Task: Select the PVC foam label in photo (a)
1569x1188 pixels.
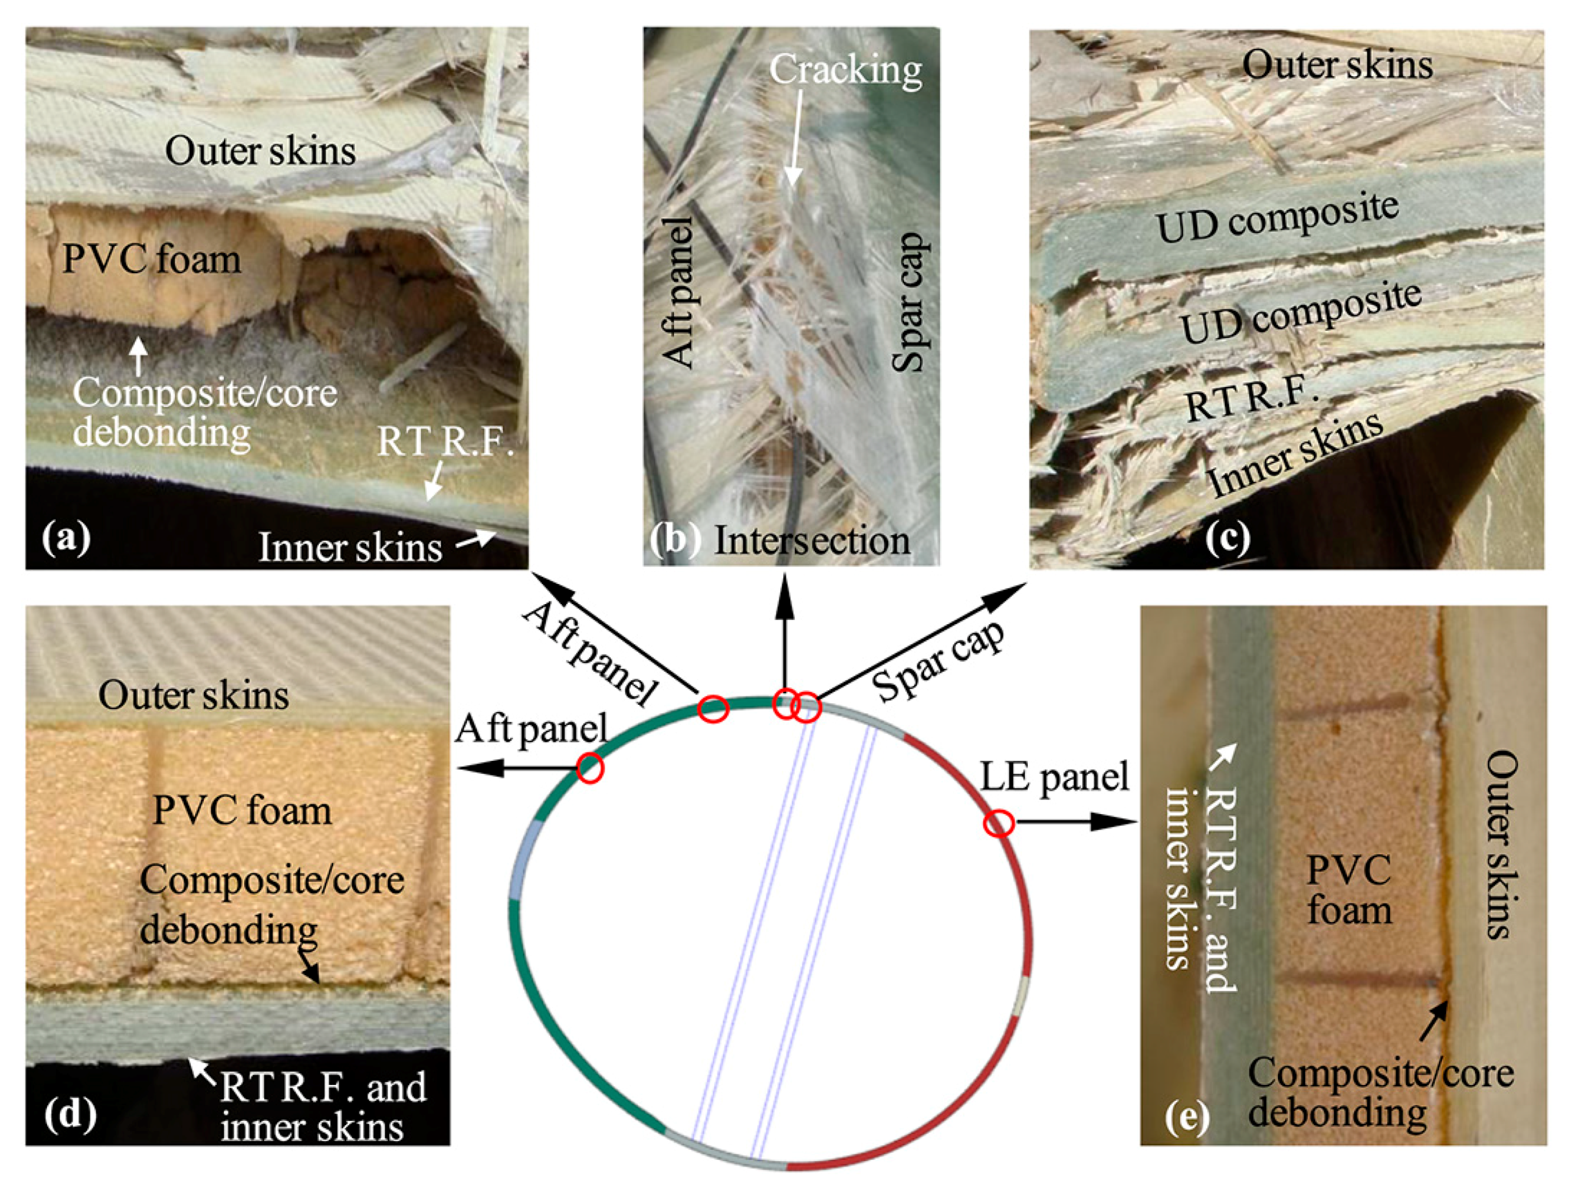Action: [152, 260]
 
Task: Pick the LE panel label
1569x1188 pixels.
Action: [1055, 777]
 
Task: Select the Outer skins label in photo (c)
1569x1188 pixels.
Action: [1337, 66]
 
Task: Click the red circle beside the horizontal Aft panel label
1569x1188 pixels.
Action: [589, 768]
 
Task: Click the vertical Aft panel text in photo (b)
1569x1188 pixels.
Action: [681, 292]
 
